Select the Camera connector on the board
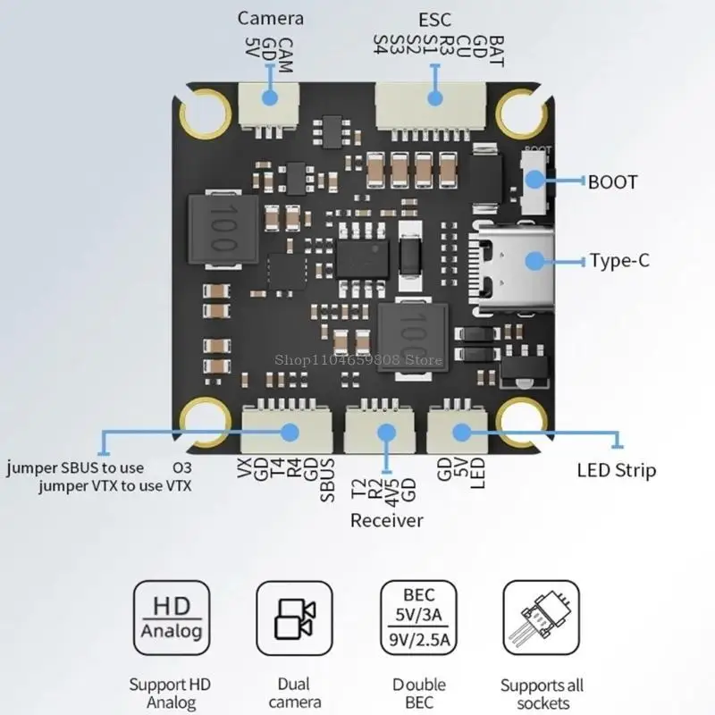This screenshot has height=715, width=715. (267, 105)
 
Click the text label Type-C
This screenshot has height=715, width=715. (618, 261)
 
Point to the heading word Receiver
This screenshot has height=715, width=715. (386, 520)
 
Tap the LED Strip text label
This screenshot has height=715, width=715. (616, 470)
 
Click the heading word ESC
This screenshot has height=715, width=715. (435, 19)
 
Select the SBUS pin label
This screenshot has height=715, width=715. (327, 479)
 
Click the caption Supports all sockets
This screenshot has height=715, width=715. (541, 694)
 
